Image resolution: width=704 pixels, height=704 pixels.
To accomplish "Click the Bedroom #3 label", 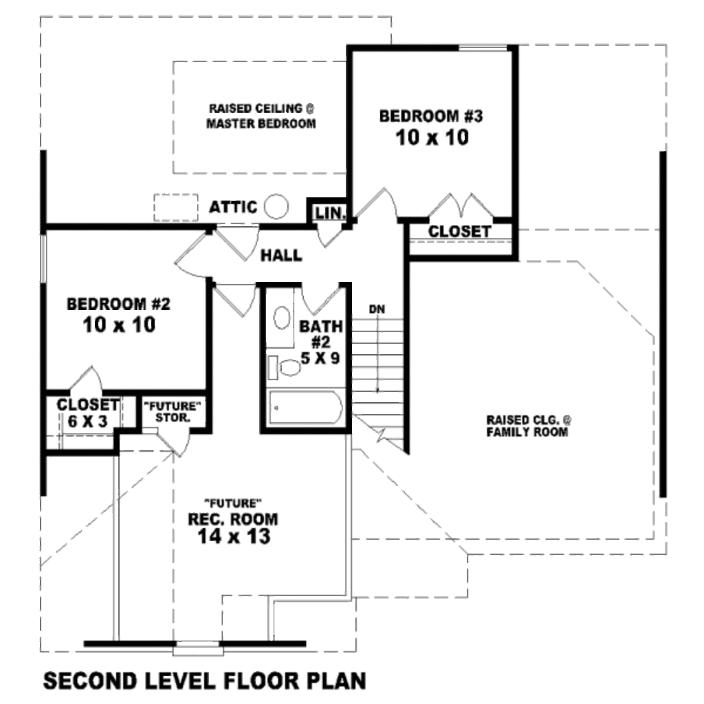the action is pyautogui.click(x=431, y=116).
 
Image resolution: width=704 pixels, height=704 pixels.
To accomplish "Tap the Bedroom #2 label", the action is pyautogui.click(x=118, y=304).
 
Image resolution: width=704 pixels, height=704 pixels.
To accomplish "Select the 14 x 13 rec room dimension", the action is pyautogui.click(x=234, y=536).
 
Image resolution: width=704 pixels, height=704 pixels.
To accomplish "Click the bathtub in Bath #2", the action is pyautogui.click(x=305, y=408).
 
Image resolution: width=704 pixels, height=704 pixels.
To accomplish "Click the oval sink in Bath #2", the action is pyautogui.click(x=282, y=318).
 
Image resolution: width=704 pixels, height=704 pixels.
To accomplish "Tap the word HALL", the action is pyautogui.click(x=281, y=256).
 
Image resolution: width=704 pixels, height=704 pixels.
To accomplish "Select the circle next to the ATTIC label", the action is pyautogui.click(x=276, y=206).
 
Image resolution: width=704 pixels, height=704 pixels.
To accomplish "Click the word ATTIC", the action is pyautogui.click(x=234, y=207).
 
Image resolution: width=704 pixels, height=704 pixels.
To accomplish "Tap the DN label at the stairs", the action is pyautogui.click(x=377, y=309).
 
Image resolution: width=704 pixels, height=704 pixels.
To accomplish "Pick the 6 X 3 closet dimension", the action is pyautogui.click(x=87, y=421).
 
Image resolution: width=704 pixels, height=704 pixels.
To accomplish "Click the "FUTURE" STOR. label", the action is pyautogui.click(x=173, y=412).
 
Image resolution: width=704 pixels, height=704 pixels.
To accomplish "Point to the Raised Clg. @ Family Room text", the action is pyautogui.click(x=528, y=426).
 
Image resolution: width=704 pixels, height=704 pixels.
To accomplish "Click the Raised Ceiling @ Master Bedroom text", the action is pyautogui.click(x=261, y=115).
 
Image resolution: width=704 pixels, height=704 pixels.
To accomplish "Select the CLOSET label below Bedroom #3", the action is pyautogui.click(x=459, y=232).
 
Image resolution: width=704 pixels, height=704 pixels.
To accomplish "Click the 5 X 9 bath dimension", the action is pyautogui.click(x=320, y=358).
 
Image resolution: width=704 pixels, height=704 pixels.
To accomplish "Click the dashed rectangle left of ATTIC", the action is pyautogui.click(x=176, y=208).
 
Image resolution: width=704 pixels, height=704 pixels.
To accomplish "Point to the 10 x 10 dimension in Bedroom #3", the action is pyautogui.click(x=432, y=137).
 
